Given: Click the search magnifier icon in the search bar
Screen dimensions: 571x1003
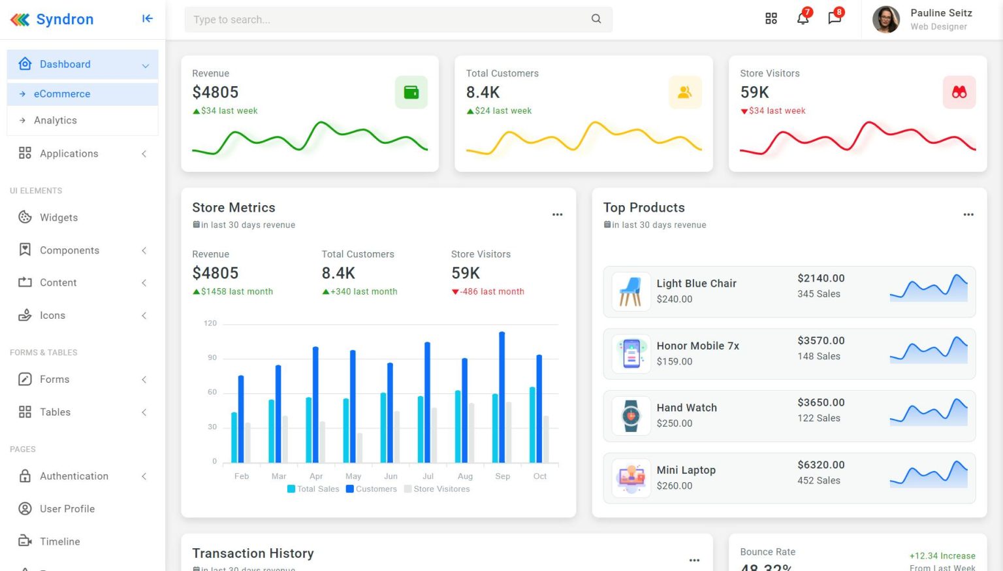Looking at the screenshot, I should pos(596,19).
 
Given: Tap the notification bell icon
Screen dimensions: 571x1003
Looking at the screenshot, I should pos(803,18).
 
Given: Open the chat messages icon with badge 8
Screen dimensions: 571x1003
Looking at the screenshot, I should pos(835,18).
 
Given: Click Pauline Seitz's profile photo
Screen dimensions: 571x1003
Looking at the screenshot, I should pos(886,20).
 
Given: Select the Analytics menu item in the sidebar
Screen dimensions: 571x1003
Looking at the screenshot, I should pos(56,120).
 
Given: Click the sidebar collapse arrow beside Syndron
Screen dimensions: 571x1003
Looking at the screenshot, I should pos(148,19).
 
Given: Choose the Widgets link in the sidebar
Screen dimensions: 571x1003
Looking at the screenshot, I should pos(59,218).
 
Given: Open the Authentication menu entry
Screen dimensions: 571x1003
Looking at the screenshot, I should pos(74,476).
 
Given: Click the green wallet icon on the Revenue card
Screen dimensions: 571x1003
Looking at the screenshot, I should pos(411,92).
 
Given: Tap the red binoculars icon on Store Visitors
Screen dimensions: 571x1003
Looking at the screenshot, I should pos(959,92).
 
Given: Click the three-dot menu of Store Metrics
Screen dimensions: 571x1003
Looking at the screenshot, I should pos(557,214).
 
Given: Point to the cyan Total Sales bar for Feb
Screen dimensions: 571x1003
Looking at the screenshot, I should pos(234,437).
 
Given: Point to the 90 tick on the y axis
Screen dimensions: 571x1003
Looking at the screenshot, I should pos(212,357).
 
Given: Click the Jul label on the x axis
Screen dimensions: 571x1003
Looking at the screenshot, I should pos(428,476).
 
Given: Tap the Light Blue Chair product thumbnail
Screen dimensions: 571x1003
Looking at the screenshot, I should pos(631,291).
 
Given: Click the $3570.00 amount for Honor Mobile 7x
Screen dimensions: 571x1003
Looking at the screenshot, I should pos(821,340).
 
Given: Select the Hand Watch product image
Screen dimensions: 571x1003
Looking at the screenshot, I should pos(631,416).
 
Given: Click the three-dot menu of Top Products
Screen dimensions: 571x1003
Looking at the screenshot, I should pos(968,214).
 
